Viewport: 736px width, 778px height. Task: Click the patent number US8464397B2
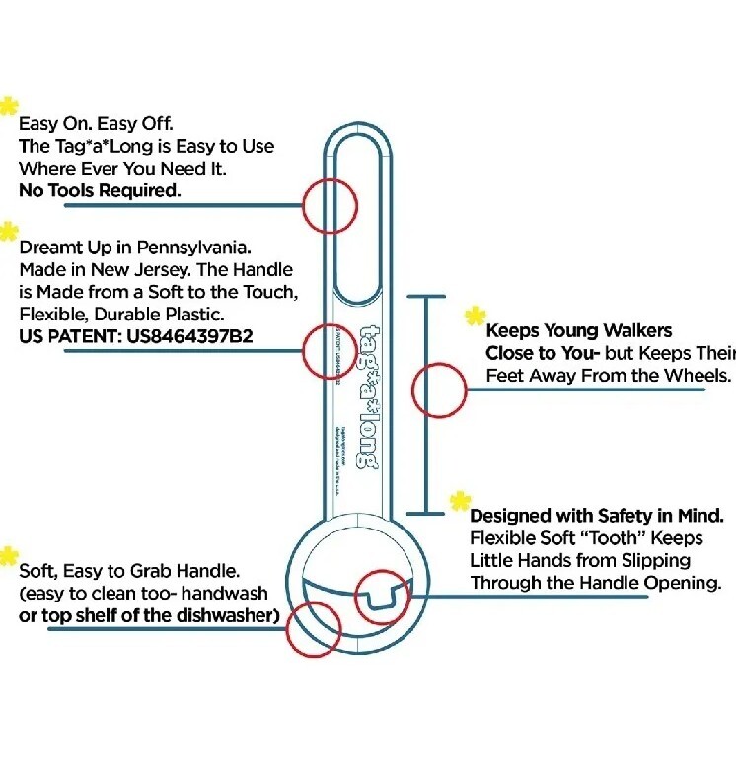(x=189, y=336)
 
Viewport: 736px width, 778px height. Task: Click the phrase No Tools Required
(x=100, y=190)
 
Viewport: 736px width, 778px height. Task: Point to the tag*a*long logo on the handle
(x=366, y=396)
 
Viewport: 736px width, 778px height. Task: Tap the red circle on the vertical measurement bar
(x=438, y=389)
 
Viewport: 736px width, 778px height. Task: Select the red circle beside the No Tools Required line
(x=329, y=206)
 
